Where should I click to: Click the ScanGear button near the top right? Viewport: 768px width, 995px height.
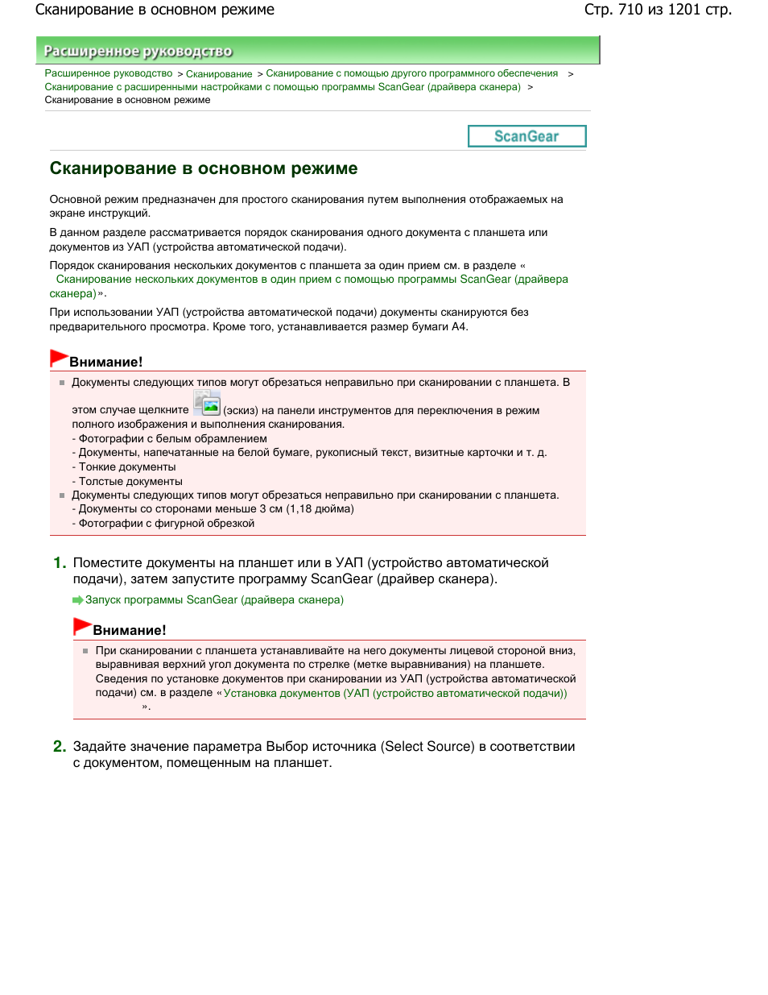click(x=526, y=136)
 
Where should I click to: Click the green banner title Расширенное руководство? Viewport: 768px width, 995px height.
click(x=138, y=52)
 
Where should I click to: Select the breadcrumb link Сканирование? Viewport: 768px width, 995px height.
click(x=219, y=74)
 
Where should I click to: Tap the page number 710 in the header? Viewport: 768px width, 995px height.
click(x=630, y=10)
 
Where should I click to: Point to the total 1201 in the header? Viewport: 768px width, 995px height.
click(x=683, y=10)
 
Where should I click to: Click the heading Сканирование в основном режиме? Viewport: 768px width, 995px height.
click(x=204, y=168)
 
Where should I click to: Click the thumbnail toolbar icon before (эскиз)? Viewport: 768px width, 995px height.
click(x=207, y=404)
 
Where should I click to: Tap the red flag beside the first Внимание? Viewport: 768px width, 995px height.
click(x=59, y=357)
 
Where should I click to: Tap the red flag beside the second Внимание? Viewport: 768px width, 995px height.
click(x=82, y=626)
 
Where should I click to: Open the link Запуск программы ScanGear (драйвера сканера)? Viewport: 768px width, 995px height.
click(x=214, y=600)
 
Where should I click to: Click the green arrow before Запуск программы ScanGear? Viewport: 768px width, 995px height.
click(x=78, y=600)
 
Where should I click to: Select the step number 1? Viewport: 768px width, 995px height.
click(x=60, y=563)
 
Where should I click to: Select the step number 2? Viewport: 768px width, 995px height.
click(x=60, y=747)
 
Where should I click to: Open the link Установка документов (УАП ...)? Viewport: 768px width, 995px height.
click(x=394, y=694)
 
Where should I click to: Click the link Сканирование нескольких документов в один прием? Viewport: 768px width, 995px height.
click(x=312, y=280)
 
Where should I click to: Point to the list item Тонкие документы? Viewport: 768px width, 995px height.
click(x=126, y=467)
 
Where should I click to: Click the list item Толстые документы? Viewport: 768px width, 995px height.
click(x=130, y=482)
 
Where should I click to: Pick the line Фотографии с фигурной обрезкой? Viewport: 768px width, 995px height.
click(x=166, y=524)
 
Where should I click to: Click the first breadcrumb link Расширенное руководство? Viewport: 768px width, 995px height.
click(x=109, y=74)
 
